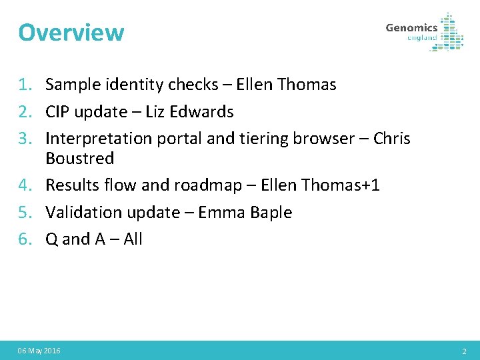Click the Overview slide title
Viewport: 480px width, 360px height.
[x=71, y=32]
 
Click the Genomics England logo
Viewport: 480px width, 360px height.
[x=424, y=31]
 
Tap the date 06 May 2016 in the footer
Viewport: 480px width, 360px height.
[x=39, y=351]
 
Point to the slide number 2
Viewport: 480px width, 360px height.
[x=464, y=351]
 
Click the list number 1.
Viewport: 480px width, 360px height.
[x=25, y=85]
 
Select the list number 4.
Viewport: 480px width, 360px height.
[x=25, y=185]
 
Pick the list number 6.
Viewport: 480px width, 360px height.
[x=25, y=239]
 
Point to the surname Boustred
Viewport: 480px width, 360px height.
[x=79, y=159]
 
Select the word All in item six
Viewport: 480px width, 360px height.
[x=133, y=239]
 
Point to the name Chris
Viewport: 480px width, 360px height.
[x=392, y=139]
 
